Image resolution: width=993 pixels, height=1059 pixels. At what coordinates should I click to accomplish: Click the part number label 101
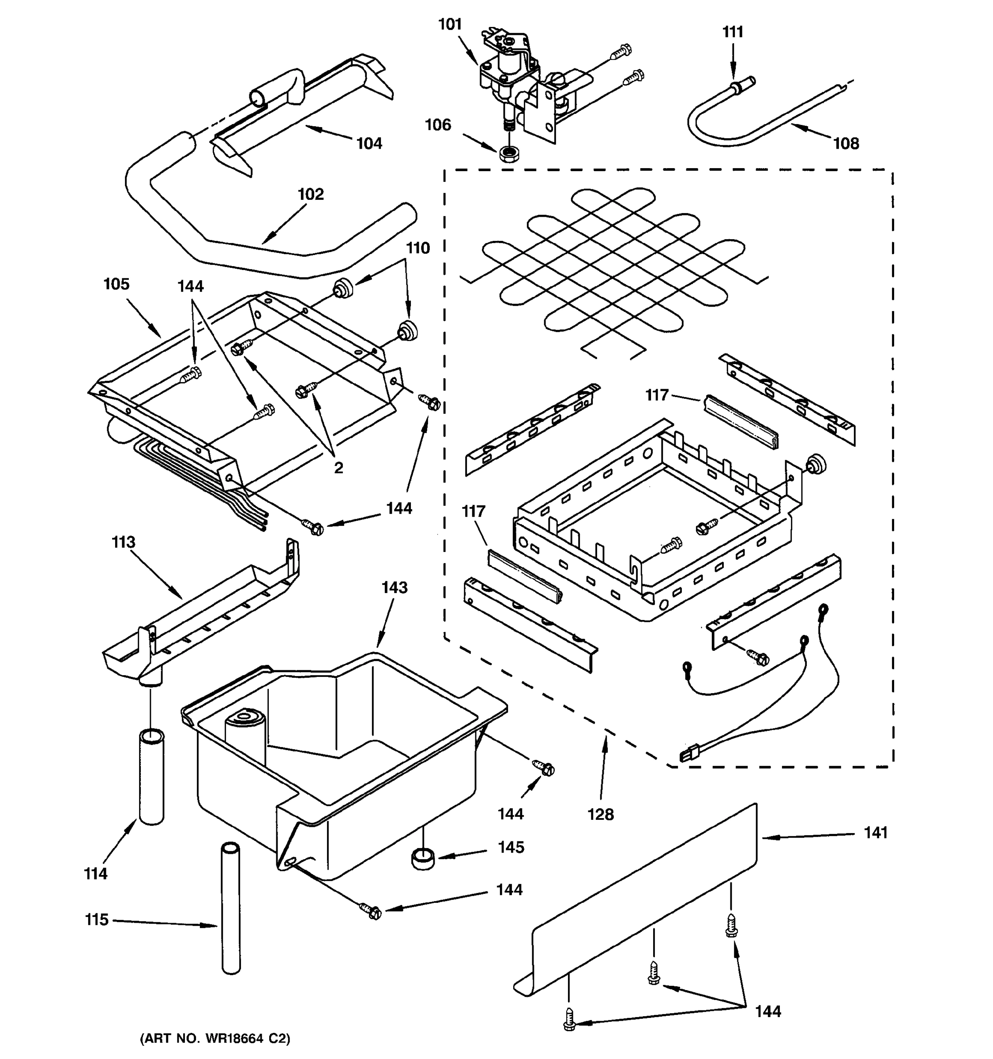point(450,25)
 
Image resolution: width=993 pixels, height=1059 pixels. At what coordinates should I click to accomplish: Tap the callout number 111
point(733,32)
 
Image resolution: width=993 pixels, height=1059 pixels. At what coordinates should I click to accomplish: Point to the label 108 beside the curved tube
point(846,143)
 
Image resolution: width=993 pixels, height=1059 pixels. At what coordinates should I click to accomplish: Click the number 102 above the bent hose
point(311,194)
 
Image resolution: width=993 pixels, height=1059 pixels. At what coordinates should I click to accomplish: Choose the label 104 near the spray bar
point(369,143)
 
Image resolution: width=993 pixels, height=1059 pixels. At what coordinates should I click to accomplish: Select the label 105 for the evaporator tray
point(116,284)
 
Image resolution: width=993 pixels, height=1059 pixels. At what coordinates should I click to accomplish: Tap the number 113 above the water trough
point(123,542)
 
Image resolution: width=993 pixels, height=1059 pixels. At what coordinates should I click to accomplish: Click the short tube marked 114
point(151,778)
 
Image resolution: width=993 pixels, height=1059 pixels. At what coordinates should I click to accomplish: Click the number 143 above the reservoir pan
point(394,588)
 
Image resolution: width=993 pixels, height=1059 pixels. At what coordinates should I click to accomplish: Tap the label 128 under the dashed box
point(600,815)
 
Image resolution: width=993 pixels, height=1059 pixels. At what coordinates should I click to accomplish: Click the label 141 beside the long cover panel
point(875,832)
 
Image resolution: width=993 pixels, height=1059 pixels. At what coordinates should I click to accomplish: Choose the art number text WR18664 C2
point(215,1038)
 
